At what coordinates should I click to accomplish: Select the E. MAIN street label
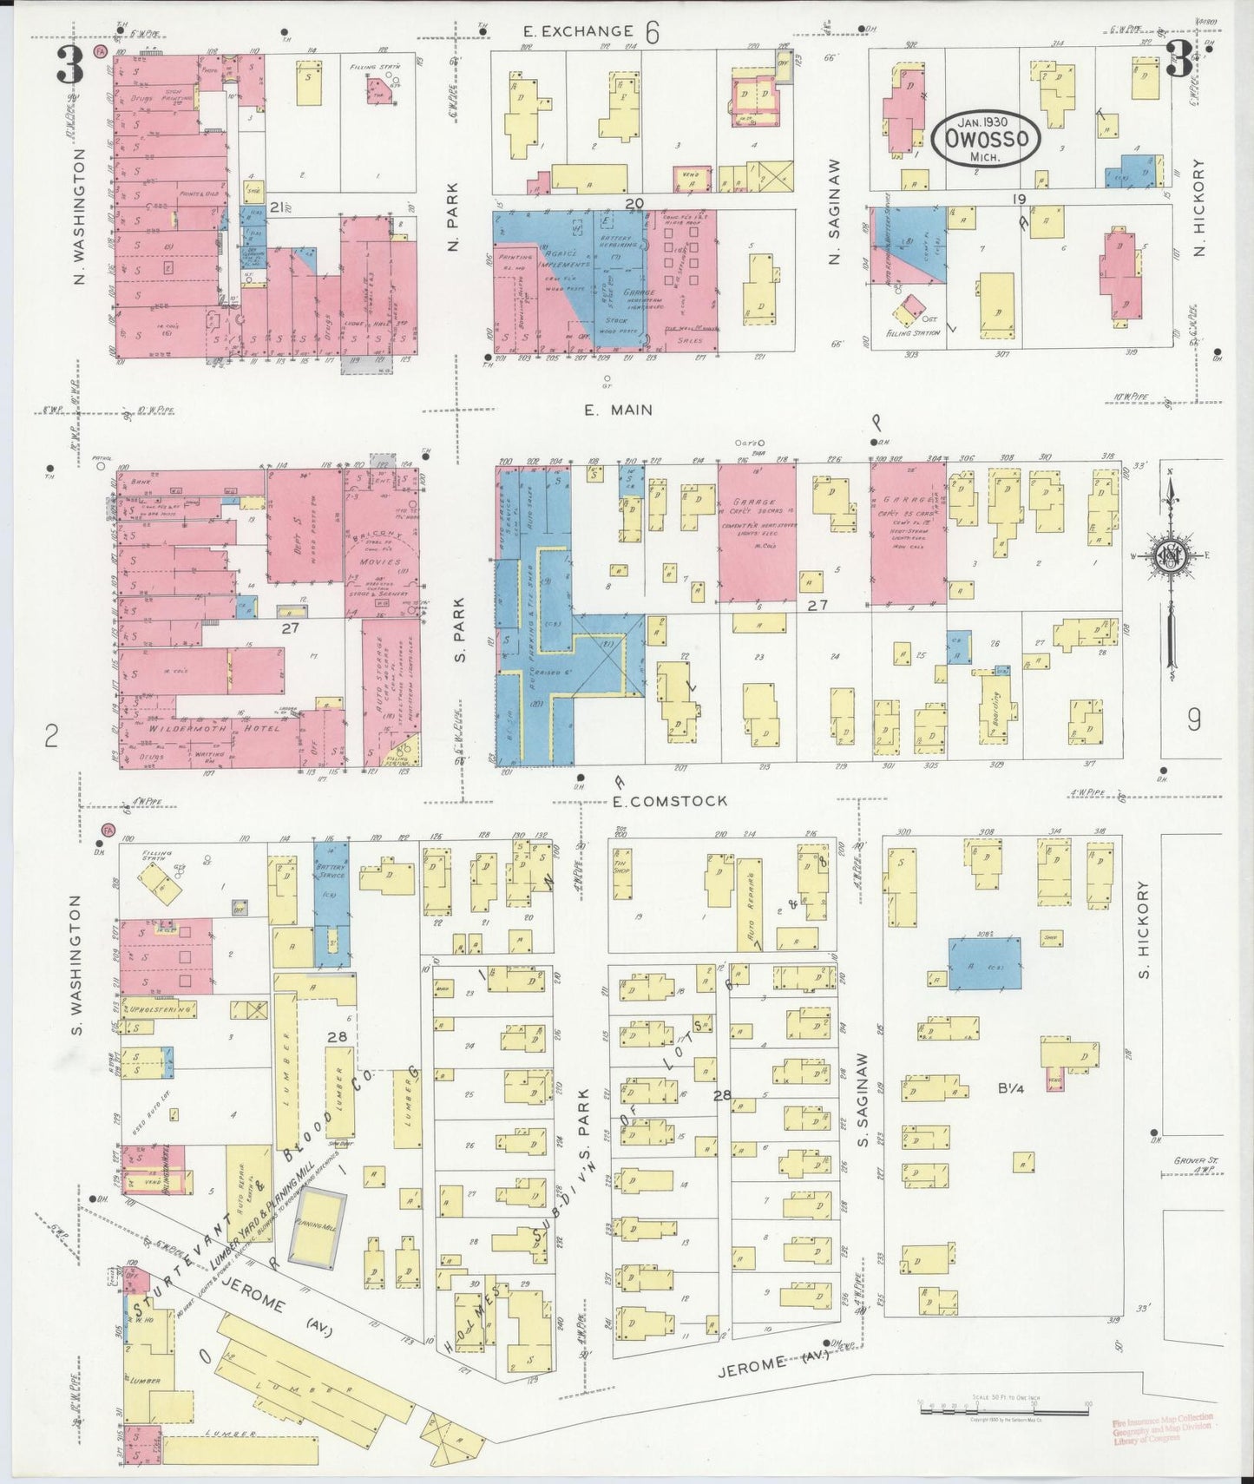[x=618, y=410]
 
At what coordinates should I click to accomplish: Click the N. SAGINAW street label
[x=837, y=212]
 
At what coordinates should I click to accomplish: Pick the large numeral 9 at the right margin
[x=1194, y=719]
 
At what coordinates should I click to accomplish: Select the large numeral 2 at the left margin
[x=51, y=738]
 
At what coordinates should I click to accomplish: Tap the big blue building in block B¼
[x=983, y=963]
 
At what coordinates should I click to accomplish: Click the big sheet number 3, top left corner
[x=70, y=64]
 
